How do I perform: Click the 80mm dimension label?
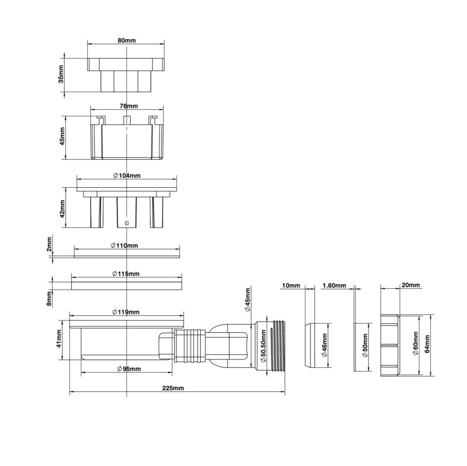pos(126,40)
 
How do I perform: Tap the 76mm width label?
pos(129,106)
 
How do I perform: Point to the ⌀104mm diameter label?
pos(127,175)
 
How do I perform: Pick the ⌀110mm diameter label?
pos(125,246)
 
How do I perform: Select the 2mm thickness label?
pos(50,244)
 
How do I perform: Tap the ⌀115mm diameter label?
pos(126,274)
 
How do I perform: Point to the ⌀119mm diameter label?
pos(126,312)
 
